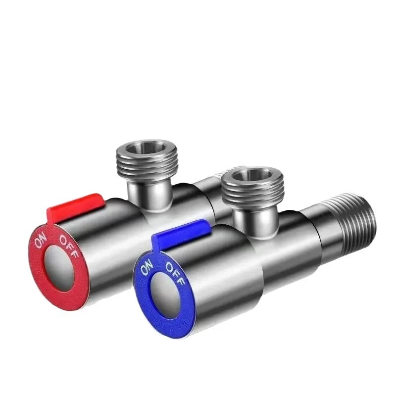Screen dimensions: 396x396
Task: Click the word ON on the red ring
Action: [x=40, y=241]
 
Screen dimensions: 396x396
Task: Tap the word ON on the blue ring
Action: [x=147, y=269]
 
